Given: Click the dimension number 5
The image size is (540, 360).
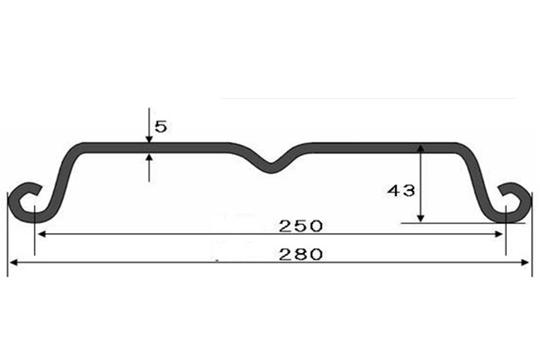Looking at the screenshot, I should click(x=160, y=127).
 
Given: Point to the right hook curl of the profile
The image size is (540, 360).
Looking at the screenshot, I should click(x=514, y=201).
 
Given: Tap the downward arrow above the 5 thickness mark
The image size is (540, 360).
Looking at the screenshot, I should click(x=148, y=136).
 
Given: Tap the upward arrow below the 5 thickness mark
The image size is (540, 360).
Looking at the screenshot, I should click(x=148, y=159).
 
